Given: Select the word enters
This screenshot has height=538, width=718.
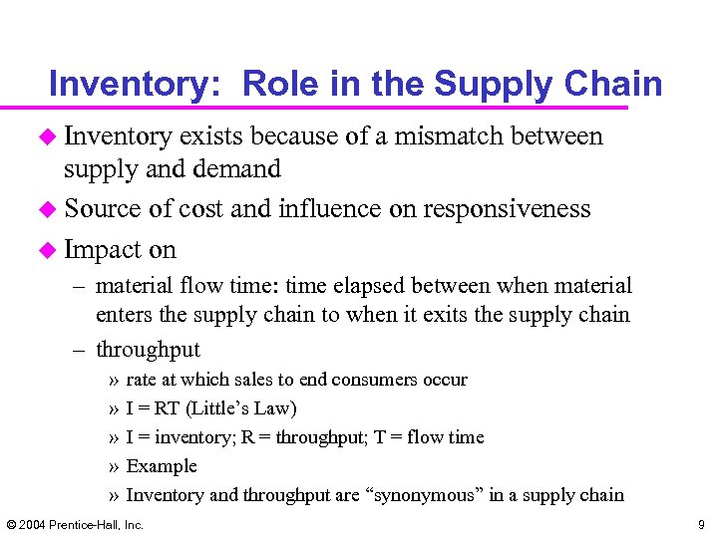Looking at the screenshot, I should click(123, 316).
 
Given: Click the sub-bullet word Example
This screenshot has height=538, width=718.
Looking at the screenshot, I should click(162, 466).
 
